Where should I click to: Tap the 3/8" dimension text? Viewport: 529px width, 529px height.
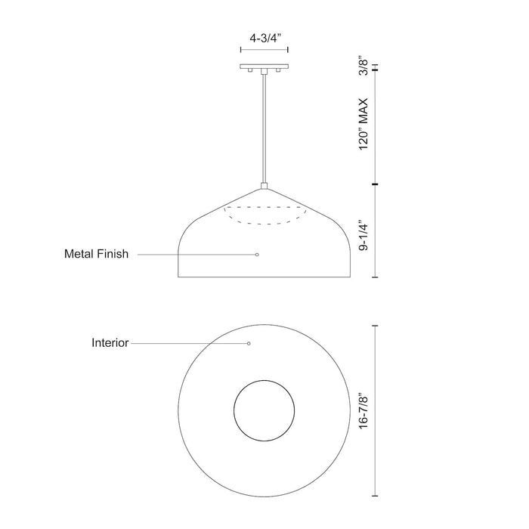tap(364, 69)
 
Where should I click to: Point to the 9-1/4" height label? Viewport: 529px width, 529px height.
tap(364, 236)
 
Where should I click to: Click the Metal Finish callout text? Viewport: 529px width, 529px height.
tap(96, 255)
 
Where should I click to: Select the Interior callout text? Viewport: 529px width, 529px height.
tap(110, 342)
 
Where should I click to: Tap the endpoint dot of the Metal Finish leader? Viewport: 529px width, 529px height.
tap(257, 255)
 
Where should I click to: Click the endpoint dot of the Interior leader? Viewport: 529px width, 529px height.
tap(249, 343)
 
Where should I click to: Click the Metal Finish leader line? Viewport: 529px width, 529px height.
tap(196, 255)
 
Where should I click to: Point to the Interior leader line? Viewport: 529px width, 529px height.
tap(189, 343)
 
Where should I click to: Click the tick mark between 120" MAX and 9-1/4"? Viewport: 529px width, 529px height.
tap(376, 184)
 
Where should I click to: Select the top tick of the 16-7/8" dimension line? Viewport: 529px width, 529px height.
tap(376, 326)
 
